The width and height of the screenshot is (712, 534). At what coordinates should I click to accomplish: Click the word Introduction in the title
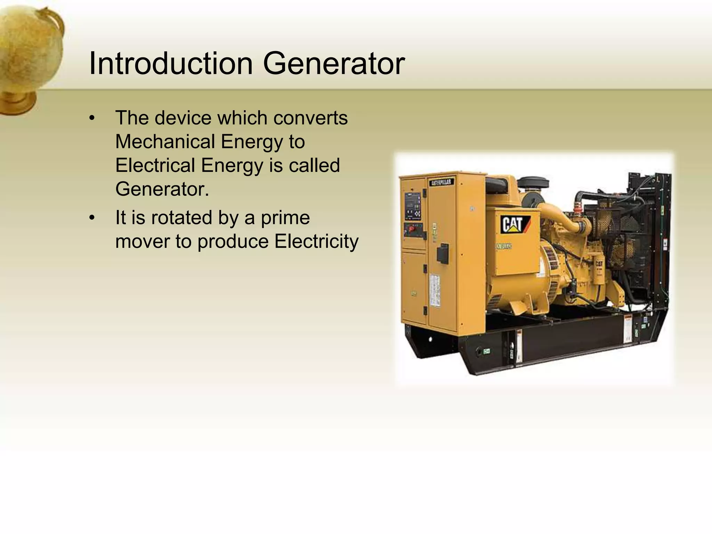tap(171, 63)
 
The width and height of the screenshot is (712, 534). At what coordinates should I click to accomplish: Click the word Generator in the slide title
tap(333, 63)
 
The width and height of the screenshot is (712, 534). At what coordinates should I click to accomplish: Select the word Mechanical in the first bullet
tap(165, 142)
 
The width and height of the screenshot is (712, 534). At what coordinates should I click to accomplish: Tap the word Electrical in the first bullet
tap(155, 165)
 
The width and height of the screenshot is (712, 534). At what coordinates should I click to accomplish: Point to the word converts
tap(310, 118)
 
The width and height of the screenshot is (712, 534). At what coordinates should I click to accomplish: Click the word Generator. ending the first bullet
tap(162, 189)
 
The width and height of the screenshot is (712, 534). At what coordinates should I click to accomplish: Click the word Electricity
tap(316, 242)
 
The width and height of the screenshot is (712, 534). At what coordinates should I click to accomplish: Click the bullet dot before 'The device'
tap(92, 118)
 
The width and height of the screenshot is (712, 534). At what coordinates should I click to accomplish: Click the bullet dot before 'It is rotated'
tap(92, 218)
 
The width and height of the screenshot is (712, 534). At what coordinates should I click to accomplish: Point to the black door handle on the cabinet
tap(443, 253)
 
